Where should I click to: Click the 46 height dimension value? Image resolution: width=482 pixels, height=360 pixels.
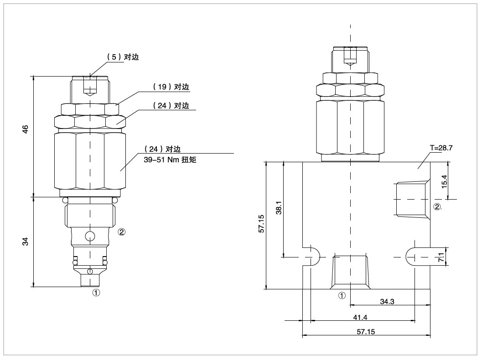(x=26, y=129)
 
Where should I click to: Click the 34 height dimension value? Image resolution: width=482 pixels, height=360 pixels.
(x=26, y=242)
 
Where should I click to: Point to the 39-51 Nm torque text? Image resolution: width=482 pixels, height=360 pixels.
(x=167, y=159)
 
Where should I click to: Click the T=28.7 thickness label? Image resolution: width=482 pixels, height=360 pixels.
(x=441, y=148)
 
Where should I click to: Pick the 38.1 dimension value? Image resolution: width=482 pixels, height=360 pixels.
(x=279, y=209)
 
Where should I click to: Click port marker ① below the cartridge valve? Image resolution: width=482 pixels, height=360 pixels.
(x=95, y=293)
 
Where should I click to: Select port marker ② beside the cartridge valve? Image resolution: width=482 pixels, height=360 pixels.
(x=121, y=231)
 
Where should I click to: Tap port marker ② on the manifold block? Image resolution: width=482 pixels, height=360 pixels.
(x=437, y=207)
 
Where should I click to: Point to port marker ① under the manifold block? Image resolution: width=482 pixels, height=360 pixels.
(x=342, y=295)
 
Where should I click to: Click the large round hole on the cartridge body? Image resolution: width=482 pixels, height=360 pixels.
(x=90, y=236)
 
